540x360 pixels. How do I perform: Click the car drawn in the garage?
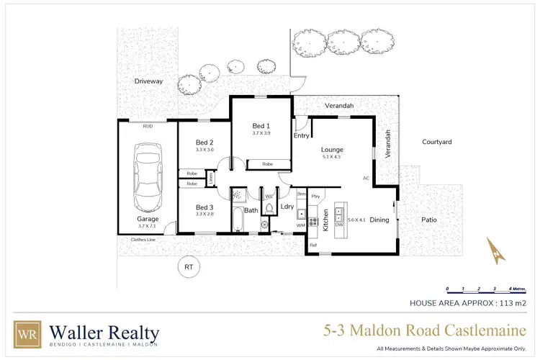click(x=147, y=172)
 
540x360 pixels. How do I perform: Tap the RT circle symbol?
click(x=189, y=267)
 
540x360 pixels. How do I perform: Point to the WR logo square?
click(x=27, y=334)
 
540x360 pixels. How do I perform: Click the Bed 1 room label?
click(x=261, y=125)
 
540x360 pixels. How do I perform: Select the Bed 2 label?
click(x=204, y=141)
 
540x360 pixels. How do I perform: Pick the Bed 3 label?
click(x=204, y=207)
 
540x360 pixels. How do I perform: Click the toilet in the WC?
click(x=269, y=208)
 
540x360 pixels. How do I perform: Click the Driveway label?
click(x=149, y=81)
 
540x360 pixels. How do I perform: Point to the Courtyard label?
click(x=436, y=143)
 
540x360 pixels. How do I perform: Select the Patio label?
click(x=429, y=220)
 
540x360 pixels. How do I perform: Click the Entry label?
click(x=301, y=135)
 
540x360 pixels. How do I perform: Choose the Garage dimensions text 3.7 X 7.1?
click(x=148, y=226)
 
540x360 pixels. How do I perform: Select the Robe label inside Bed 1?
click(x=267, y=164)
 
